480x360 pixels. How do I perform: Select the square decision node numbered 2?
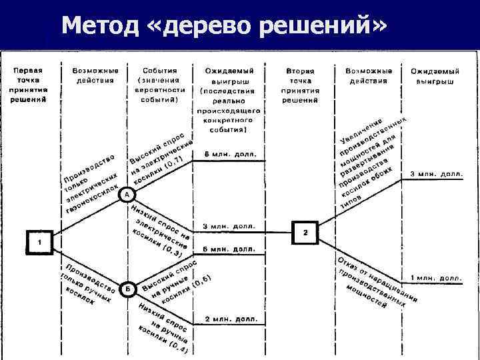tap(305, 232)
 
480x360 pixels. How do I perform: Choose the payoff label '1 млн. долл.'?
tap(437, 276)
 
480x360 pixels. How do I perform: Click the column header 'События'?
tap(159, 70)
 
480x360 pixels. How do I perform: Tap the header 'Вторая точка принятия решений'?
tap(300, 85)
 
